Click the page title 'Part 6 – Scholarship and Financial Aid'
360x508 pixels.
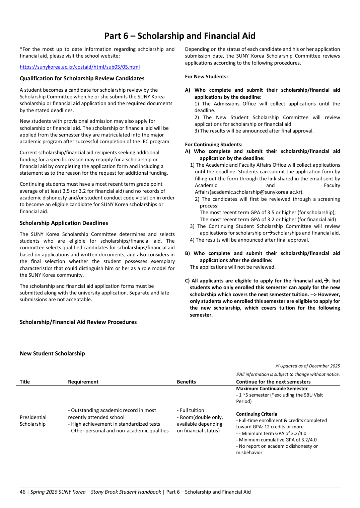pos(180,36)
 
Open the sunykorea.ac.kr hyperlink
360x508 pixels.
pos(80,67)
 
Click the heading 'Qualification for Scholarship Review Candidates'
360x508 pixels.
pos(82,78)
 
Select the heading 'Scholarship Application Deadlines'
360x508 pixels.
pos(64,223)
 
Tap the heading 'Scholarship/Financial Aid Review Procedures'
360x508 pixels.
pos(78,322)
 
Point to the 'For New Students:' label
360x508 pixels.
pos(206,77)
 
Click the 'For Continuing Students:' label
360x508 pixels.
pos(214,145)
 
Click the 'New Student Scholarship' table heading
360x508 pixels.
pos(52,353)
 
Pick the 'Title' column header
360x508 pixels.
pos(25,382)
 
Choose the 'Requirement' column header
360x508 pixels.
pos(83,382)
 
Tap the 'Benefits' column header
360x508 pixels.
pos(186,382)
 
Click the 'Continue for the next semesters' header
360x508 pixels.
pos(273,382)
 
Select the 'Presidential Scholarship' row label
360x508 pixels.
pos(33,421)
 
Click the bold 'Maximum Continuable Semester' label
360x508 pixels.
pos(272,389)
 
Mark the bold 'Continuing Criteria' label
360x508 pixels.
pos(257,414)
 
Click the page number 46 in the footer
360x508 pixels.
pos(22,492)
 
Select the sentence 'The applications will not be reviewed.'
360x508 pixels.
pos(233,267)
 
